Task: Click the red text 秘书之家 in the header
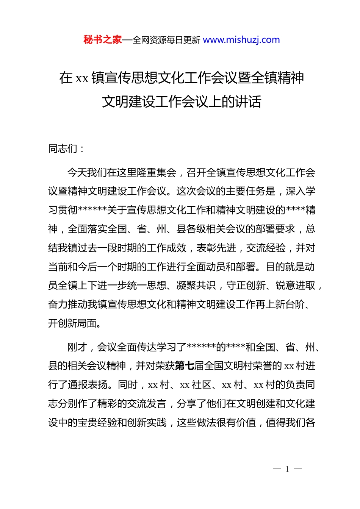coord(102,40)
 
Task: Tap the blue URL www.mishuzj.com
coord(241,40)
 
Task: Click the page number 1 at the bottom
coord(287,469)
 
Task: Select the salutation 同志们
coord(63,149)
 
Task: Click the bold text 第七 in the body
coord(185,366)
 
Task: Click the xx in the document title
coord(82,78)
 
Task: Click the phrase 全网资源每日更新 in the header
coord(166,40)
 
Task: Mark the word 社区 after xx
coord(202,385)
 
